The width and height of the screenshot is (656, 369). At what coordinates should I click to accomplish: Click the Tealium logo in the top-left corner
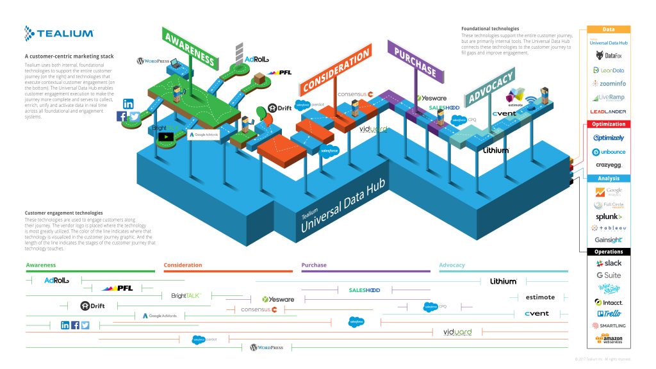59,33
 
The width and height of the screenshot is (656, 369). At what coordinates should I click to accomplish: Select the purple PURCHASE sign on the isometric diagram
414,61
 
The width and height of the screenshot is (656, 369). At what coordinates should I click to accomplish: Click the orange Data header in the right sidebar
609,29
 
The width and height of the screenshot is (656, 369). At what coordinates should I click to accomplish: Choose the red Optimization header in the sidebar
609,124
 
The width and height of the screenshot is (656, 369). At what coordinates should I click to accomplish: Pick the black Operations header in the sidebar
609,252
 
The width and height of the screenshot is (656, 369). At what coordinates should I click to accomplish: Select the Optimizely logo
609,138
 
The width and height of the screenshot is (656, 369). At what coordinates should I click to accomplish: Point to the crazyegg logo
609,165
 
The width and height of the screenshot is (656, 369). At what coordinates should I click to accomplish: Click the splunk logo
609,217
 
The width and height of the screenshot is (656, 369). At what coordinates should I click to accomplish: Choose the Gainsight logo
609,240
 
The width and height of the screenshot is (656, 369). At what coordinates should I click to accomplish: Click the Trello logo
609,314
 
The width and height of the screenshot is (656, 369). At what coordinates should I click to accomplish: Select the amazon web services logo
609,339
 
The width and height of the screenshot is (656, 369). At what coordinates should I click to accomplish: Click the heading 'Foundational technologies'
490,29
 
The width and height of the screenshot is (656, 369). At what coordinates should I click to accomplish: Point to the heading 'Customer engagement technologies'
63,213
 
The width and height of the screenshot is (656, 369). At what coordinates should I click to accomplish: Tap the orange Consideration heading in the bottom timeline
183,265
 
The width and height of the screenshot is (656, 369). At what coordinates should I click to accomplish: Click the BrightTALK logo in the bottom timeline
186,296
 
